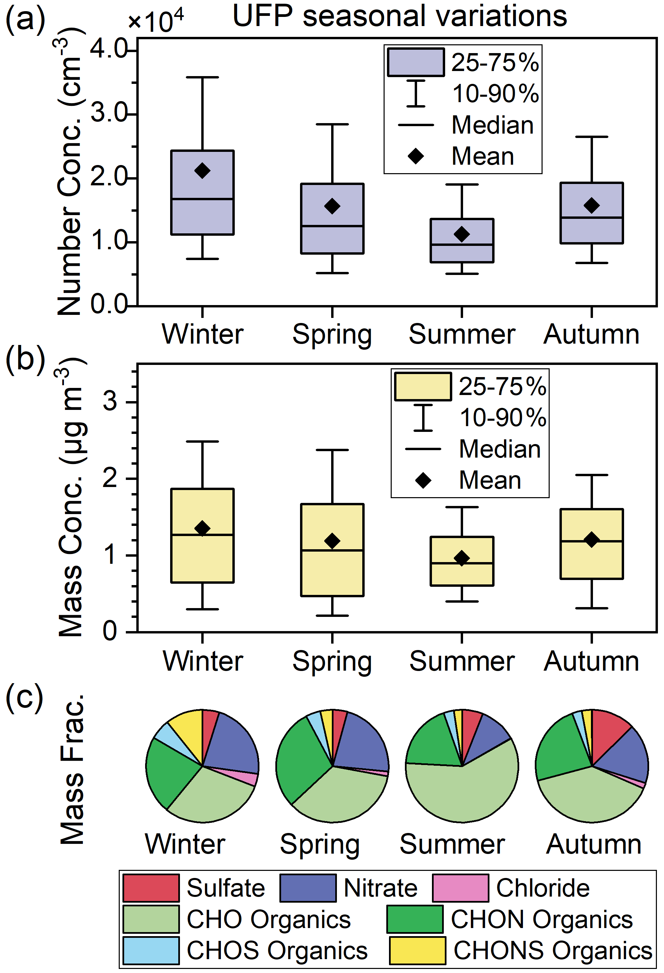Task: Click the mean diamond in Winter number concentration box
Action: point(202,170)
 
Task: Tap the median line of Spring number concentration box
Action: point(332,226)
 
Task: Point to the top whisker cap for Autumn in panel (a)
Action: point(592,137)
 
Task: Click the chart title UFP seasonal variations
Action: point(399,17)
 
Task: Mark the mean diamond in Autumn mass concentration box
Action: point(592,539)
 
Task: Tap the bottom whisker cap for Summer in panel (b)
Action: point(462,601)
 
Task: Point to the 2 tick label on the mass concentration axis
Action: point(110,478)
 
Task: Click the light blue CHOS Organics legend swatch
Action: point(151,950)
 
